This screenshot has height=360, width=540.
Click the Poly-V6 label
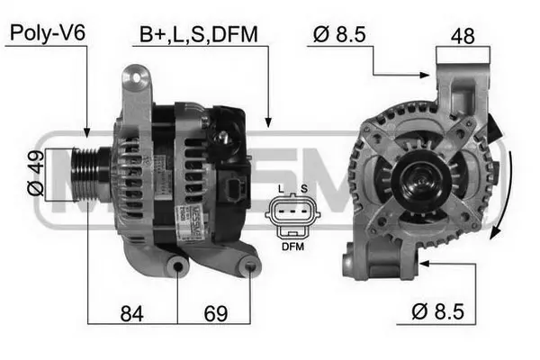(x=47, y=35)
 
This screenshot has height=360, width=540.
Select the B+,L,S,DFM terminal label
(x=198, y=35)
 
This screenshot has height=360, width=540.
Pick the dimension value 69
(x=213, y=314)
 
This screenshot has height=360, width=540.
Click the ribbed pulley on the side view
(x=90, y=173)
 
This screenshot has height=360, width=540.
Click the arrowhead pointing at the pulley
(x=86, y=133)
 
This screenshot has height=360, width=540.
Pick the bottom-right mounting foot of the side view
(x=250, y=266)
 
